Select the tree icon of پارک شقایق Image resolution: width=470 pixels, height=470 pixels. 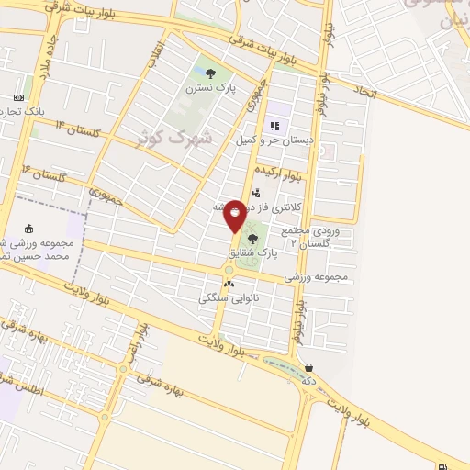click(x=253, y=240)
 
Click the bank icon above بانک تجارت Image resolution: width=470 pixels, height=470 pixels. click(x=18, y=97)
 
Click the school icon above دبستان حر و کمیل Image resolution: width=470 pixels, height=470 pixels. click(x=273, y=126)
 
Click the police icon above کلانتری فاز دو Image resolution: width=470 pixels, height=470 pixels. click(x=256, y=194)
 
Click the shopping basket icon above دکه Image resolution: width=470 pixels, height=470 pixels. click(x=308, y=368)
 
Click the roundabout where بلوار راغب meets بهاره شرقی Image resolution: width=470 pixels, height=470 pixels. click(x=122, y=369)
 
